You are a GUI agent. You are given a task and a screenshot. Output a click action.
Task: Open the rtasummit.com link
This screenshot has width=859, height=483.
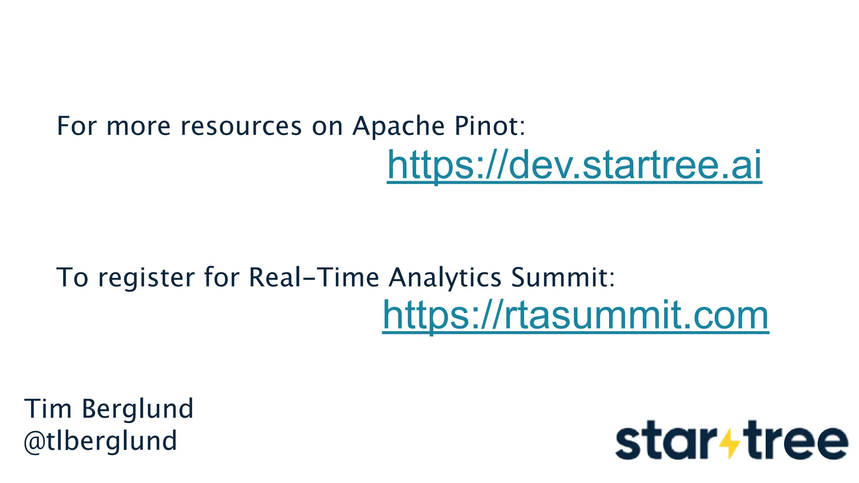coord(575,315)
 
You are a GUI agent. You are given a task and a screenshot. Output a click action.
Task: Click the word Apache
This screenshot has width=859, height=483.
coord(398,126)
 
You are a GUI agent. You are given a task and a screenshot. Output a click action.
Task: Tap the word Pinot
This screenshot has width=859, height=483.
coord(488,126)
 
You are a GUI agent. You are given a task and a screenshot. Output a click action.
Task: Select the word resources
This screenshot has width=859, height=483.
coord(241,126)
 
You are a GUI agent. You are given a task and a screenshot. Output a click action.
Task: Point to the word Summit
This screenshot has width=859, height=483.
coord(562,277)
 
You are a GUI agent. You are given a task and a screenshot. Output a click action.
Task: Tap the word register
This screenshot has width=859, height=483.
coord(146,278)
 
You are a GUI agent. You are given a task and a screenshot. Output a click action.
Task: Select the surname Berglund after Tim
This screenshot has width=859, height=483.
coord(138,409)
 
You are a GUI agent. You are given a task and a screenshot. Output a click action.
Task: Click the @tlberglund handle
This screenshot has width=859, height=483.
coord(101,441)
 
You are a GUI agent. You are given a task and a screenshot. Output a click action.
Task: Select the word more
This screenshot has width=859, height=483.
coord(138,127)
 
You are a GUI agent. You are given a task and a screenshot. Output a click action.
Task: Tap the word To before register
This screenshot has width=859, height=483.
coord(72,277)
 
